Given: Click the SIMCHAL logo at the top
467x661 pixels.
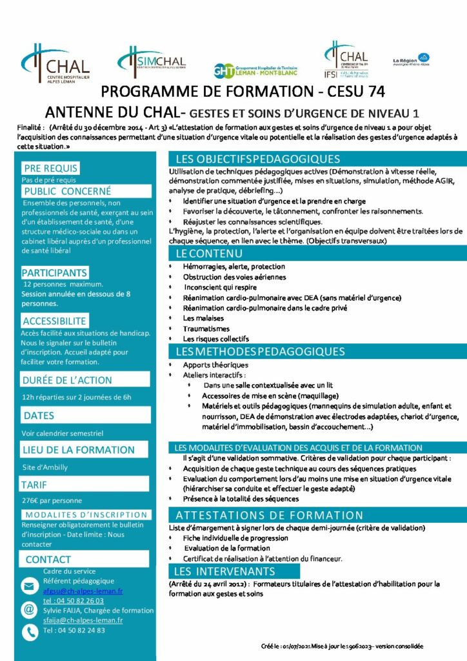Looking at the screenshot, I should (x=152, y=61).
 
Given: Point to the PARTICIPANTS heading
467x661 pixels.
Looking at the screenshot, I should (x=55, y=273).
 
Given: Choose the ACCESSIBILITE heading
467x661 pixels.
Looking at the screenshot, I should (x=54, y=321).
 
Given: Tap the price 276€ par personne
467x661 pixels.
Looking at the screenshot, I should (x=52, y=500).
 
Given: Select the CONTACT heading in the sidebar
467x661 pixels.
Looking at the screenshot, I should (x=48, y=560).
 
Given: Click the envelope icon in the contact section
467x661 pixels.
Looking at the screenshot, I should (x=30, y=586).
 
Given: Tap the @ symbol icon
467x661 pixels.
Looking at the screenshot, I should (x=30, y=609).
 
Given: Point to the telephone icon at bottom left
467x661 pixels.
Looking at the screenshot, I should (x=30, y=633).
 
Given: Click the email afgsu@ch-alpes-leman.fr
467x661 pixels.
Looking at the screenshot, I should (x=83, y=591).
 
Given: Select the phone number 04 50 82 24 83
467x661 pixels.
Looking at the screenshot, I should (x=74, y=630).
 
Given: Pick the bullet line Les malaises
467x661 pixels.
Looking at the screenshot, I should (x=203, y=318).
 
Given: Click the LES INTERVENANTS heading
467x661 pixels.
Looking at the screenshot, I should (x=224, y=572).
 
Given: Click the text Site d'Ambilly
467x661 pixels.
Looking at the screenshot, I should (x=45, y=467).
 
